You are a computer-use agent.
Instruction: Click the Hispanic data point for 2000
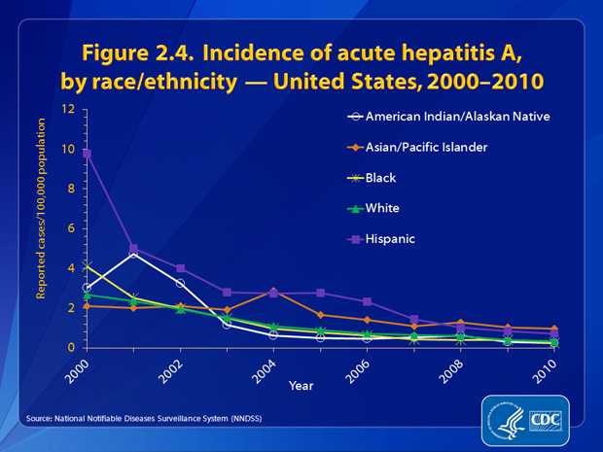click(x=87, y=154)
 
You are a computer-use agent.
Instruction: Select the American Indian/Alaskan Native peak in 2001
click(x=133, y=254)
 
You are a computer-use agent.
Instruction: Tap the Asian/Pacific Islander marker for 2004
click(x=273, y=292)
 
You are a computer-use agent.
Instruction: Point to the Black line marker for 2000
click(x=87, y=265)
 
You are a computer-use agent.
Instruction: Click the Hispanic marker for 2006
click(x=367, y=301)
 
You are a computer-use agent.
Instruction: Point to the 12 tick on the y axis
click(x=69, y=109)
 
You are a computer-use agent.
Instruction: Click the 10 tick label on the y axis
click(x=69, y=149)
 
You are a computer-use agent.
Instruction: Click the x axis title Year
click(x=301, y=386)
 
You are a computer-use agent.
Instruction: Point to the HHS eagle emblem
click(x=505, y=420)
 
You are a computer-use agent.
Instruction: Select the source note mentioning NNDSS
click(x=145, y=418)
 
